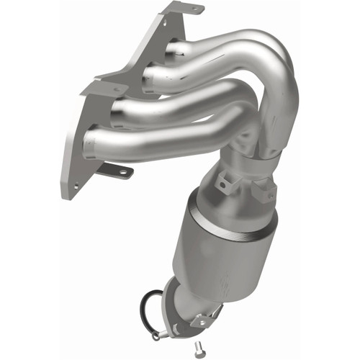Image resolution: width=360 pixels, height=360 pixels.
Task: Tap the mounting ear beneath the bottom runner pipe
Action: pos(119,171)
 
